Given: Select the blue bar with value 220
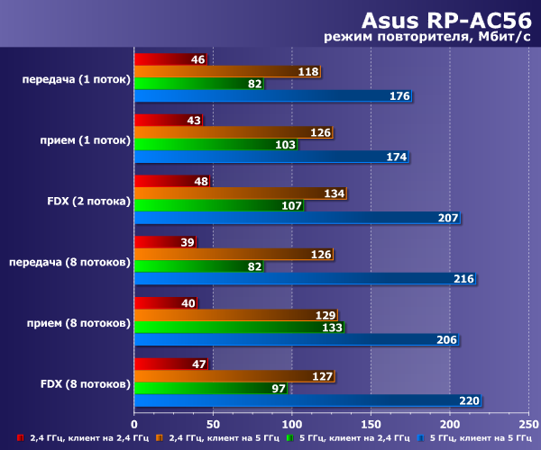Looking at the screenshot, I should click(x=307, y=400).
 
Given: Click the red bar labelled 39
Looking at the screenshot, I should click(x=166, y=242).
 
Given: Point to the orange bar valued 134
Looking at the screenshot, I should click(x=240, y=193).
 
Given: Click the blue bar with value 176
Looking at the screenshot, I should click(x=273, y=96).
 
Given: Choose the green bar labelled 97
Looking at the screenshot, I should click(x=210, y=389).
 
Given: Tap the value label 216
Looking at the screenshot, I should click(x=463, y=279).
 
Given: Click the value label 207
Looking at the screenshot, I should click(x=448, y=218).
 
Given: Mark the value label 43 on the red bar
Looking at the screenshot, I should click(x=193, y=120).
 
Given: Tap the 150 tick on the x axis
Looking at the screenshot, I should click(x=371, y=423).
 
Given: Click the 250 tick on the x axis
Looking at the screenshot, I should click(x=528, y=423).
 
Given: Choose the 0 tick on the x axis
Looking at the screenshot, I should click(x=134, y=423).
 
